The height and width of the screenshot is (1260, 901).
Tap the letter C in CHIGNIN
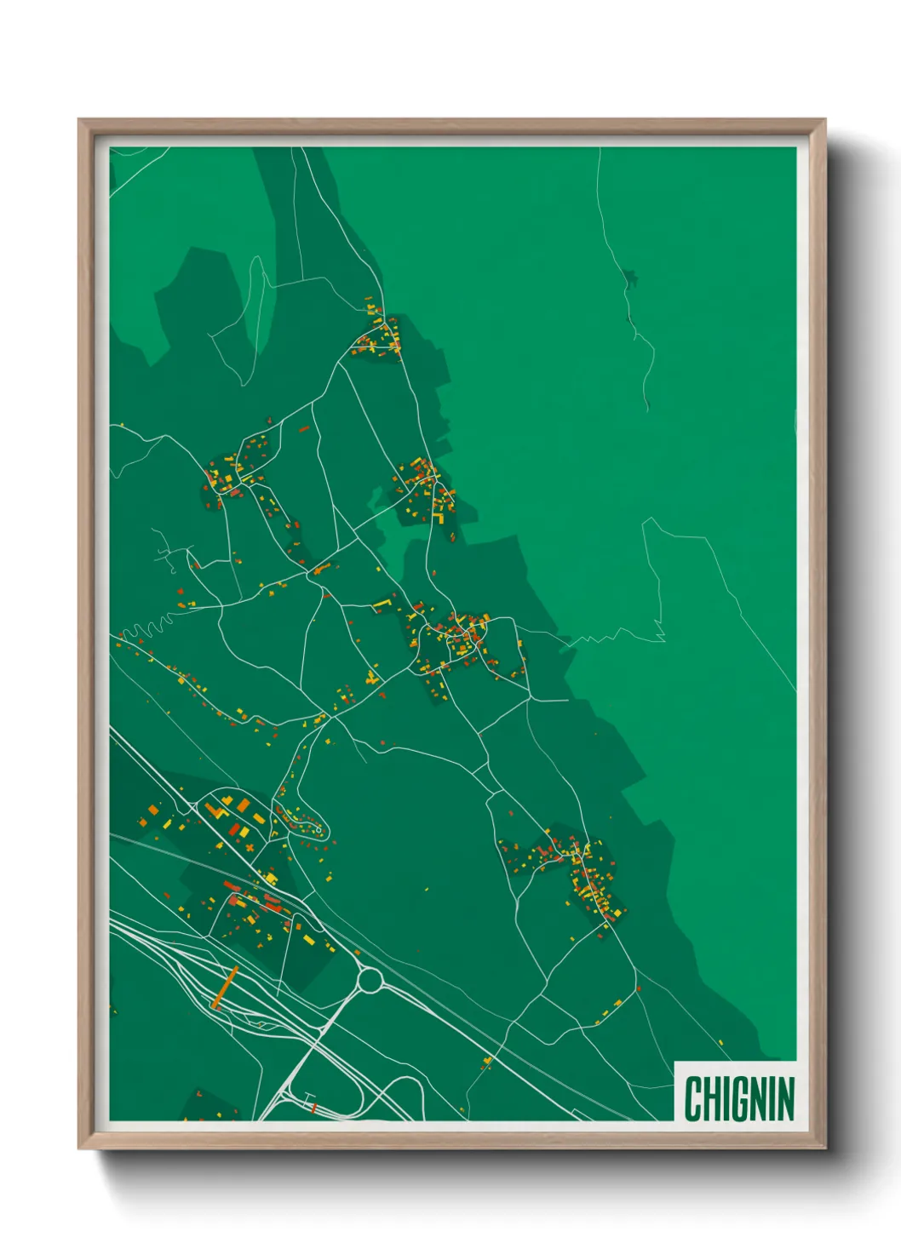[692, 1099]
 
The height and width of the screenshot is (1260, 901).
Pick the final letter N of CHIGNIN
[785, 1099]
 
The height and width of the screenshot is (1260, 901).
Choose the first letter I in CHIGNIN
[725, 1099]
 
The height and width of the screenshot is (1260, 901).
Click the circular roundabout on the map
[370, 981]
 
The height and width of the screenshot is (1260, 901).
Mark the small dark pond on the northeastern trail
[629, 277]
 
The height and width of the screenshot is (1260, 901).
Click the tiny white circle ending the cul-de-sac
[319, 828]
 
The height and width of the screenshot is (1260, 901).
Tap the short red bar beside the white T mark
[316, 1108]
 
